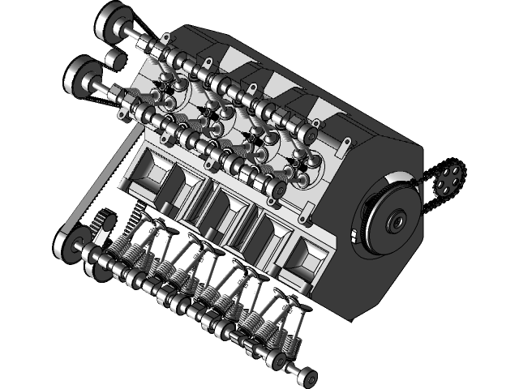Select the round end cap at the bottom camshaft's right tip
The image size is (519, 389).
306,376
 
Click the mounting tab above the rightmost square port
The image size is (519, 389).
306,216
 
